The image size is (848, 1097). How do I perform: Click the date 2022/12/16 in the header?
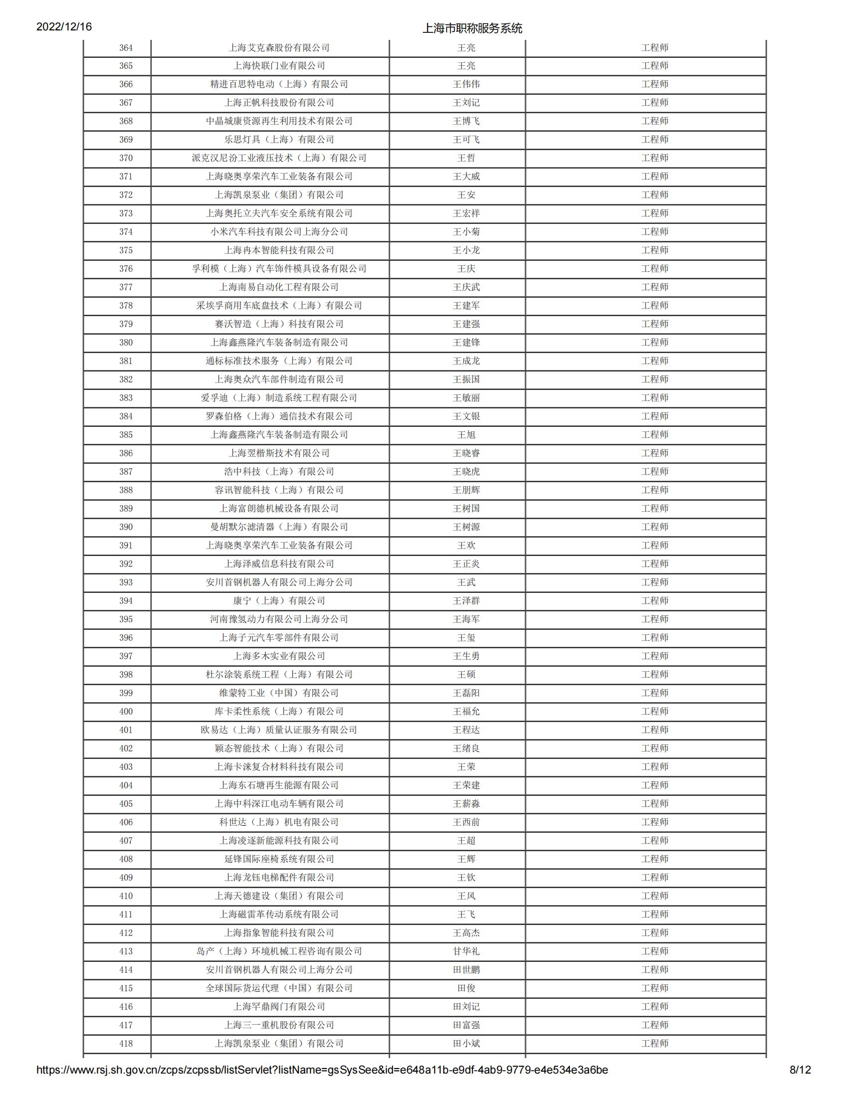click(x=64, y=26)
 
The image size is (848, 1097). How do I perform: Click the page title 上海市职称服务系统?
click(x=472, y=28)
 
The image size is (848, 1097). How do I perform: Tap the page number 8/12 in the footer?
click(x=800, y=1084)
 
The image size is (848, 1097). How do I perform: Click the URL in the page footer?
click(x=322, y=1084)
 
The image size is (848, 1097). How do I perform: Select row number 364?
click(x=126, y=48)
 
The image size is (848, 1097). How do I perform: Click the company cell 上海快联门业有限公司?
click(x=279, y=66)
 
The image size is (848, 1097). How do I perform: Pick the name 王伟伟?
click(x=466, y=84)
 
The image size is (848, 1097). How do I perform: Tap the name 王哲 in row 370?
click(x=466, y=158)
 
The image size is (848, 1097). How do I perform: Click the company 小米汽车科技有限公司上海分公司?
click(x=279, y=232)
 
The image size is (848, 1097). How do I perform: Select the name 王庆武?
click(x=466, y=287)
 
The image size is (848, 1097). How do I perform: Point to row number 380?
click(x=126, y=343)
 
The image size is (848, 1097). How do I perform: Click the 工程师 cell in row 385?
click(x=654, y=435)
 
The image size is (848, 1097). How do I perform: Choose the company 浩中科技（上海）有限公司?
click(x=279, y=472)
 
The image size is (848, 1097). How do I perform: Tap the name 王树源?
click(x=466, y=527)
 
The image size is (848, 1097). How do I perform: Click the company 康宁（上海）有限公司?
click(x=279, y=601)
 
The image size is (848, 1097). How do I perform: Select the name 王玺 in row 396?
click(x=466, y=638)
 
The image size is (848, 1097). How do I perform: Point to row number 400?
click(x=126, y=712)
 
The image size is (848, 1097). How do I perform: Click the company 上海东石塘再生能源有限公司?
click(x=279, y=785)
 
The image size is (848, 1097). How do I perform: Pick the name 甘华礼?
click(x=466, y=951)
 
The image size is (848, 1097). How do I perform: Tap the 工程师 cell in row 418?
click(x=654, y=1044)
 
